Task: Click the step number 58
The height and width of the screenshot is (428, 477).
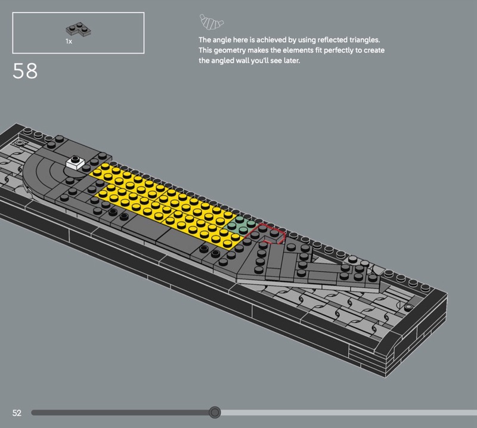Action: pos(25,71)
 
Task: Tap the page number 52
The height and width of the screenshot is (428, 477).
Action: pos(17,413)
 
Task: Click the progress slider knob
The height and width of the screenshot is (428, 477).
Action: pos(215,413)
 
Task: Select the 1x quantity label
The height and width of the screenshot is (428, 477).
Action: pos(69,41)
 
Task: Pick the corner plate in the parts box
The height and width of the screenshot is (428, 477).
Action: pos(78,29)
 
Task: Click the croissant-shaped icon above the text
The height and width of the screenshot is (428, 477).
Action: pos(211,22)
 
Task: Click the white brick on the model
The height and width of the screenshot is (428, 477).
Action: pos(75,163)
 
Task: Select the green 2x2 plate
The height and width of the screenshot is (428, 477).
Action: pos(241,225)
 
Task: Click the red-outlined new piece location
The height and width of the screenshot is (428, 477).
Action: pos(265,234)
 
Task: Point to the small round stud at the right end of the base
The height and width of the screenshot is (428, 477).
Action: pos(408,307)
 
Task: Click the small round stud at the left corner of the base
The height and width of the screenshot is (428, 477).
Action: pos(20,142)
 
